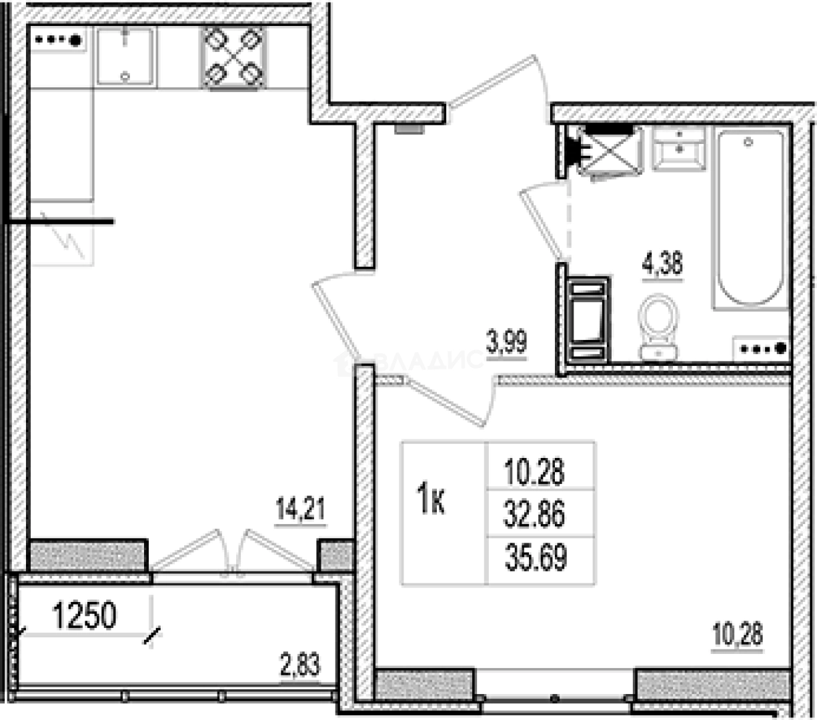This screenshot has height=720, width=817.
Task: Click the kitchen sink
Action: click(x=125, y=56)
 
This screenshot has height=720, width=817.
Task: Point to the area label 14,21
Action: click(x=300, y=511)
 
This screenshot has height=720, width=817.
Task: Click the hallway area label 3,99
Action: click(x=507, y=343)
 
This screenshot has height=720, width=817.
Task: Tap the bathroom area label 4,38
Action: click(x=662, y=264)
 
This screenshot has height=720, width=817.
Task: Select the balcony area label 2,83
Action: click(x=299, y=665)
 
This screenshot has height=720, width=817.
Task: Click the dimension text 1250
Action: click(x=84, y=617)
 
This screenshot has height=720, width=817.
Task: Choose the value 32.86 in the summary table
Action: click(x=535, y=515)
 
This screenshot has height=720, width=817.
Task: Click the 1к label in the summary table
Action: click(x=431, y=501)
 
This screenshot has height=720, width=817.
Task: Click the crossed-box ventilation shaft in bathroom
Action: click(x=609, y=150)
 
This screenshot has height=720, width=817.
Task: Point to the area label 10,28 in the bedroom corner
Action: click(x=738, y=634)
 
